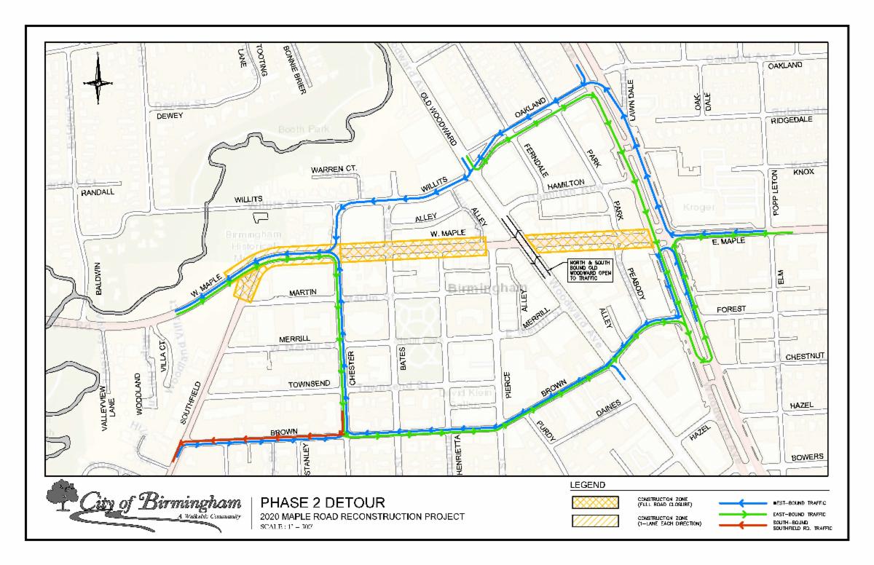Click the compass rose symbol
(x=98, y=82)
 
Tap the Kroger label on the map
(x=699, y=208)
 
